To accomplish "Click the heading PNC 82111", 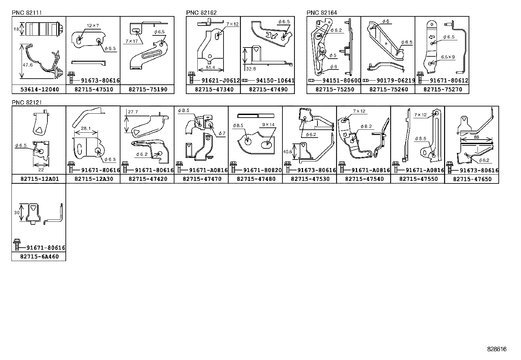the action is (27, 12).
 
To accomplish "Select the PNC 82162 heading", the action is (201, 12).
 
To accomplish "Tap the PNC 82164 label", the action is (322, 12).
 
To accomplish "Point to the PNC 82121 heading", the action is (27, 103).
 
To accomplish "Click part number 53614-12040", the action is (40, 89).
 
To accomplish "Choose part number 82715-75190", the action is (148, 89).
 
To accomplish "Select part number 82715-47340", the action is (214, 89).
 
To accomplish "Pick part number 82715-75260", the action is (389, 89).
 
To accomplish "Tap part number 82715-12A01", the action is (40, 179).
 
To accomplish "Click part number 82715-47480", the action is (256, 179).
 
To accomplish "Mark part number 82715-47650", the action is (472, 179).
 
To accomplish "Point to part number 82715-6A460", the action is (40, 256).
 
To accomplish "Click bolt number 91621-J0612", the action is (221, 81).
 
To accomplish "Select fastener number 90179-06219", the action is (396, 81).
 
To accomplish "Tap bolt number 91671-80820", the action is (262, 170).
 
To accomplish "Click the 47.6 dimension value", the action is (28, 65).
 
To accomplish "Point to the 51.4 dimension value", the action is (210, 67).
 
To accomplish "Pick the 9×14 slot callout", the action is (268, 124).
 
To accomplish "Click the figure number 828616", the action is (497, 349).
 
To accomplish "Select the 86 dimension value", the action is (476, 137).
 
